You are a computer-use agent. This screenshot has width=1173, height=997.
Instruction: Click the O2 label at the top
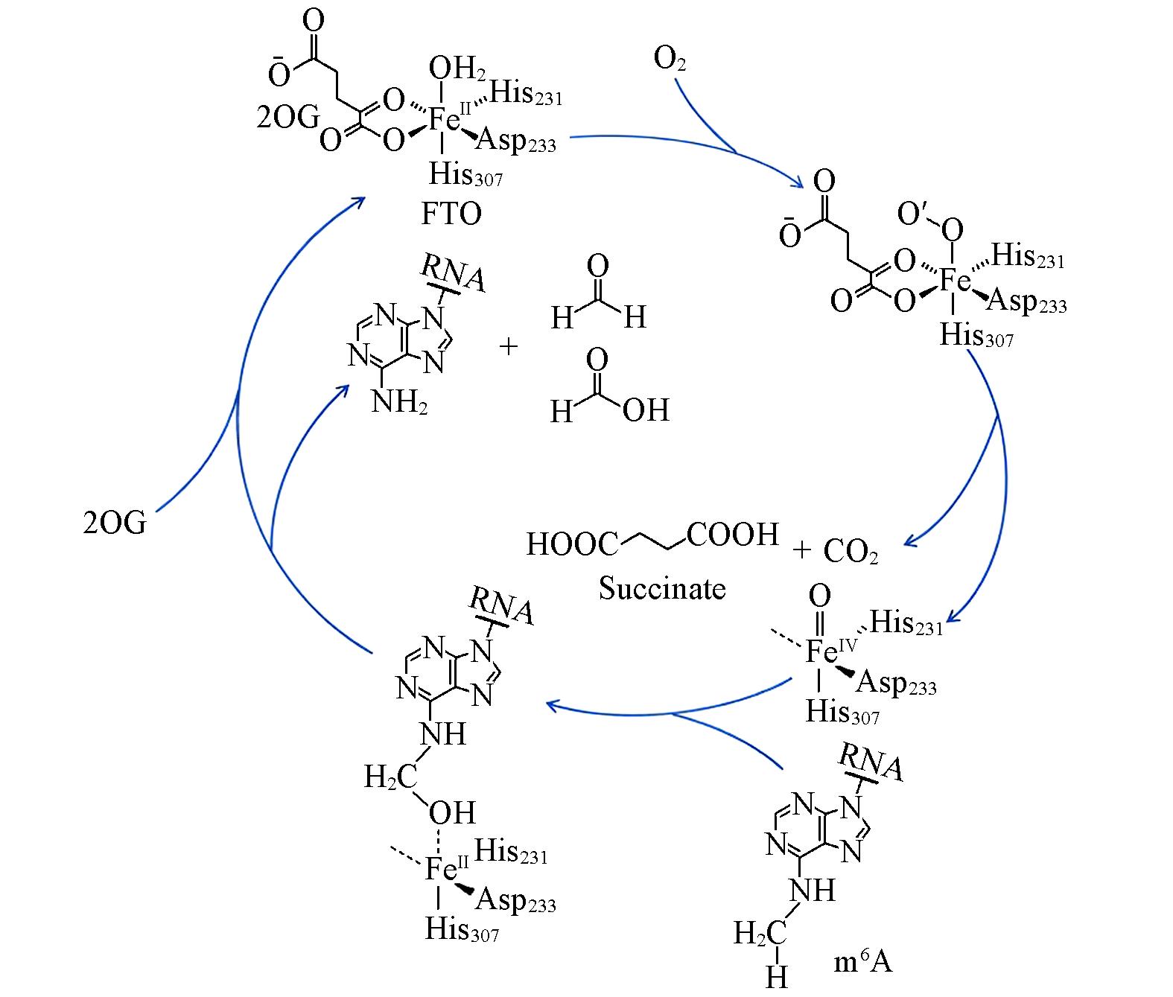(670, 59)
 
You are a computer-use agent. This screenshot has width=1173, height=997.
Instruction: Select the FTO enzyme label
(451, 214)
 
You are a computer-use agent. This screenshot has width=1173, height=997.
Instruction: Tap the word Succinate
(661, 589)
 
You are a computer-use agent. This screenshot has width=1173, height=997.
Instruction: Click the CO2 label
(851, 552)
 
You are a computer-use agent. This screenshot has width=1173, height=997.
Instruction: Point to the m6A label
(864, 963)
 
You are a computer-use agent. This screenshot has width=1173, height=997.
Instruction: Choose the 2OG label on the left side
(115, 523)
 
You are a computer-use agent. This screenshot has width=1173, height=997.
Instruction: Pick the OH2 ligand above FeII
(457, 71)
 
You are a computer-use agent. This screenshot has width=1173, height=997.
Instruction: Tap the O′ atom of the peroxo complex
(910, 214)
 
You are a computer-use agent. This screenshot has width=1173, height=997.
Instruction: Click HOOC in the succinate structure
(572, 544)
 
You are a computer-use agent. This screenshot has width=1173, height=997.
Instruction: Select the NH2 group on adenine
(399, 402)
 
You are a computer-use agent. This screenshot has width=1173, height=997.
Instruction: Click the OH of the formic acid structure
(646, 410)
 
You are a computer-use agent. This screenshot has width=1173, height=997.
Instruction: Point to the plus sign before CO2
(801, 550)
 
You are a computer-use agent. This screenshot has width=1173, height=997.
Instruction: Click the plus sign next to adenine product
(509, 347)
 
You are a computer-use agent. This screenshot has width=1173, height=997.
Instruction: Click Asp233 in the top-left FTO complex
(516, 141)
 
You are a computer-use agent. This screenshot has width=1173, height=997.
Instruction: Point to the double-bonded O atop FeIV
(818, 596)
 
